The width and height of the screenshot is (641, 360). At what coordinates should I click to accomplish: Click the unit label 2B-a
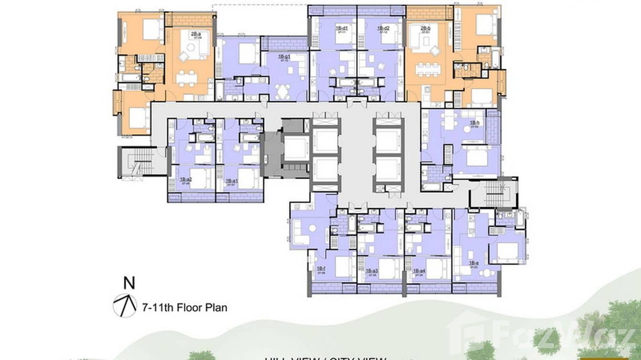[x=195, y=33]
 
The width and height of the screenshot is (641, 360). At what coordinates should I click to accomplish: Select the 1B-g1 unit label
[x=285, y=57]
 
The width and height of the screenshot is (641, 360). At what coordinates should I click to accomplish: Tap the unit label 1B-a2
[x=186, y=180]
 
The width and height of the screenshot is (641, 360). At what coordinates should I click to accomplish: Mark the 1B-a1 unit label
[x=232, y=181]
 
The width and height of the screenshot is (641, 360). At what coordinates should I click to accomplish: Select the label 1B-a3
[x=372, y=271]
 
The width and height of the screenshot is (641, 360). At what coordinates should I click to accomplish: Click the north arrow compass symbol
[x=125, y=306]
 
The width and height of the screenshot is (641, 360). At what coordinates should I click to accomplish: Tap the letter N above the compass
[x=129, y=283]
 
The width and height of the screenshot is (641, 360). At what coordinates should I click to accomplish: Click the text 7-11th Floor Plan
[x=184, y=307]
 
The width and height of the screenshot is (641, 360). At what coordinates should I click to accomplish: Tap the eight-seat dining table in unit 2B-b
[x=427, y=70]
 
